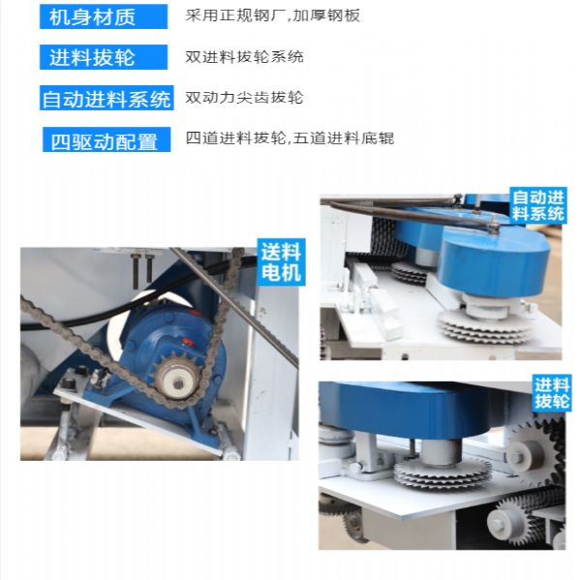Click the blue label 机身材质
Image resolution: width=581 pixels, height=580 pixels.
click(104, 16)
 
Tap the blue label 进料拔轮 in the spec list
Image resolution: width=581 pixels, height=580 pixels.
click(104, 57)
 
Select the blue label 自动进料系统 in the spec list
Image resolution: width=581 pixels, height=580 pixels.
click(107, 98)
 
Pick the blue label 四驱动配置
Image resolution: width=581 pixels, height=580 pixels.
click(107, 139)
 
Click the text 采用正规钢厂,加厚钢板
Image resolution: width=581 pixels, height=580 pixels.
click(273, 15)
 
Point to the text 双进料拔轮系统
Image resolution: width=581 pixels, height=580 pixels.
click(245, 57)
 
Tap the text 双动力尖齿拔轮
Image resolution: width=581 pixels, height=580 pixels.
click(245, 98)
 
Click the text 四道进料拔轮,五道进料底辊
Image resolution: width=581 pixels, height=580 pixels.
click(290, 138)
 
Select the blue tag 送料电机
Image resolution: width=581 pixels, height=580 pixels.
click(281, 262)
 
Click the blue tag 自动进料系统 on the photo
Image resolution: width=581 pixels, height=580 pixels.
click(538, 205)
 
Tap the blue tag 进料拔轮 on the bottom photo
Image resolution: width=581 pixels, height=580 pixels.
click(552, 393)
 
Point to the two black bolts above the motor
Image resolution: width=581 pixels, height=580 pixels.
click(143, 269)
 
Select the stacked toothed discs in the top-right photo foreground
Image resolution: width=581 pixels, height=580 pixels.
click(483, 326)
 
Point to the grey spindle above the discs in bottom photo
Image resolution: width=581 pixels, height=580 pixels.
click(441, 452)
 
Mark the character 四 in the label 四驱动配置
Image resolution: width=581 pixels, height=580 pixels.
click(60, 141)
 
